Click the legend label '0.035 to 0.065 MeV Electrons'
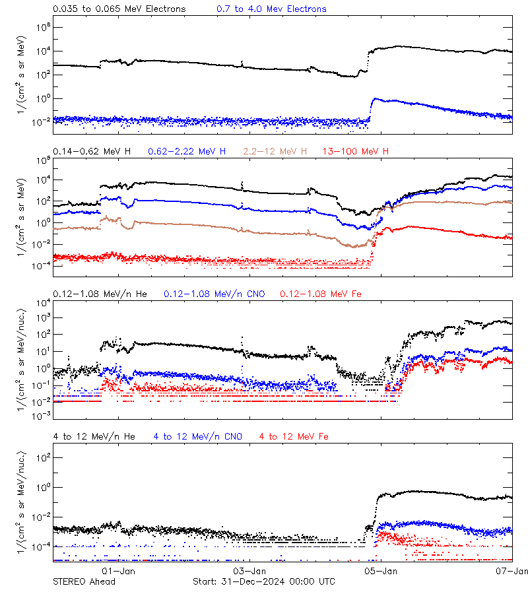coord(119,9)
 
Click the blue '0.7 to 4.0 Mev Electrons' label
coord(271,9)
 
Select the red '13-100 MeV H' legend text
coord(356,152)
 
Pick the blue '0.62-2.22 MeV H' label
coord(187,152)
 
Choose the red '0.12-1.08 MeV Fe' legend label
coord(320,294)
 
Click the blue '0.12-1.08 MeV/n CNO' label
coord(214,294)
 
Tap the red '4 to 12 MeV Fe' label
coord(294,436)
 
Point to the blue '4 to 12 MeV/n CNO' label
coord(197,436)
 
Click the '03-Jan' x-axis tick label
coord(249,571)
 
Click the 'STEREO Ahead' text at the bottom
coord(84,581)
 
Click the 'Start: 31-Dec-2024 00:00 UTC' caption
coord(263,581)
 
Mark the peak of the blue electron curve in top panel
coord(374,99)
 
